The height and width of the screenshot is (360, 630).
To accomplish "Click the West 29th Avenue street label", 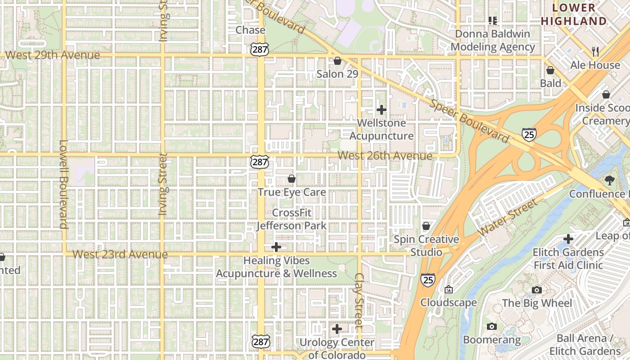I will [x=52, y=55].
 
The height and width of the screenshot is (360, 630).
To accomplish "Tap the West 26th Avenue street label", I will [x=385, y=156].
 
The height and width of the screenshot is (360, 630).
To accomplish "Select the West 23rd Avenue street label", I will [x=120, y=254].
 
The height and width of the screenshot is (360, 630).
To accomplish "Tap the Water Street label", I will [x=508, y=218].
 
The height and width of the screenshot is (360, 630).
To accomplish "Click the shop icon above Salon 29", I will [x=337, y=61].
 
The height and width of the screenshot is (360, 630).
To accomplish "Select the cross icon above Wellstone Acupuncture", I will [x=382, y=109].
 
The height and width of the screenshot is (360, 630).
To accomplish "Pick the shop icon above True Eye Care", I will [x=292, y=179].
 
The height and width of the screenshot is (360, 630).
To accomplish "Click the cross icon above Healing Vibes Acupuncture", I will [x=276, y=247].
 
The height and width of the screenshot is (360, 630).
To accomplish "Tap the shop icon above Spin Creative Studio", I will [x=426, y=226].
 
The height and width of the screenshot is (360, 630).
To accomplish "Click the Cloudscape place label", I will [x=448, y=302].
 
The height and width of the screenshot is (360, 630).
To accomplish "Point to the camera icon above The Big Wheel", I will [x=536, y=290].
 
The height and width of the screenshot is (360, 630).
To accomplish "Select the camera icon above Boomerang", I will [x=492, y=326].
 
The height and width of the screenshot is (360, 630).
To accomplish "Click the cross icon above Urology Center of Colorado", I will [x=337, y=329].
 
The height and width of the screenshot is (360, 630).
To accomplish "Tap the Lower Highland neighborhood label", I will [x=574, y=14].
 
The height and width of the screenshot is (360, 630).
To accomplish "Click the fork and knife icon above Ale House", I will [x=595, y=52].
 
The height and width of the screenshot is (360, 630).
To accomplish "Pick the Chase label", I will [x=250, y=30].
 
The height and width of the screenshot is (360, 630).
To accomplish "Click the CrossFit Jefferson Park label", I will [x=292, y=219].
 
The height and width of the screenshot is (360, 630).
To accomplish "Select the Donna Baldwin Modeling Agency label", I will [x=493, y=40].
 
